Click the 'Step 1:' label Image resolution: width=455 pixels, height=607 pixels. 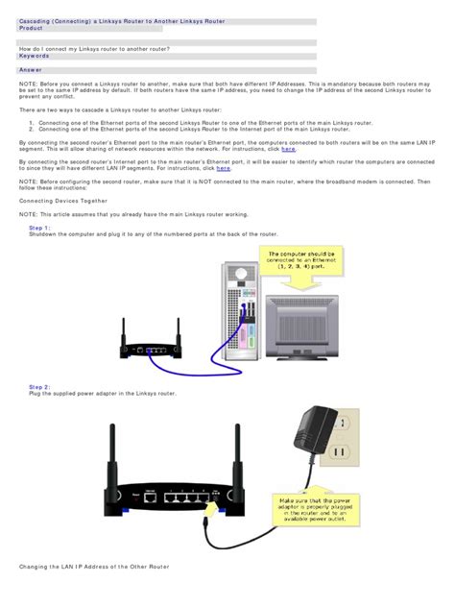pyautogui.click(x=40, y=228)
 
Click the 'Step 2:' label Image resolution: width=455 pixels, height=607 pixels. pyautogui.click(x=40, y=386)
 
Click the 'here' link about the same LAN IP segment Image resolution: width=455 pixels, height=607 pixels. pyautogui.click(x=288, y=150)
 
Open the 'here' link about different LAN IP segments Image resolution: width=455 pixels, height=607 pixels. pyautogui.click(x=223, y=168)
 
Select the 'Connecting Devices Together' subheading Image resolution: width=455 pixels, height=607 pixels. pyautogui.click(x=63, y=201)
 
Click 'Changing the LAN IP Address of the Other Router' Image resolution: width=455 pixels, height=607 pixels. pyautogui.click(x=94, y=568)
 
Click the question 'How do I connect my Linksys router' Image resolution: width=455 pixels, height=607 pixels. pyautogui.click(x=94, y=47)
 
